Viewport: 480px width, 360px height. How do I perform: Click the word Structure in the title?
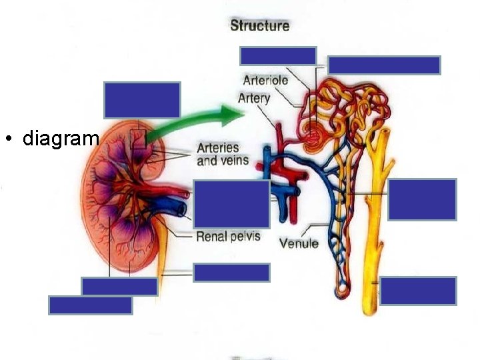[259, 26]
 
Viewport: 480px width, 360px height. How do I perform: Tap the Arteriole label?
[265, 80]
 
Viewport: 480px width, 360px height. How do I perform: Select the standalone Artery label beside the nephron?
[254, 98]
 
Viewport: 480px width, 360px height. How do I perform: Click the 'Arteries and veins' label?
[223, 154]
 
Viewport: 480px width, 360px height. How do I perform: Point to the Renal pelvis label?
[228, 236]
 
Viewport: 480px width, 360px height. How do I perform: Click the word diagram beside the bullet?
[61, 139]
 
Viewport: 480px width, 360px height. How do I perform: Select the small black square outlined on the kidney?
[138, 138]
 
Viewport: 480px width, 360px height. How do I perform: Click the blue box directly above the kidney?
[142, 99]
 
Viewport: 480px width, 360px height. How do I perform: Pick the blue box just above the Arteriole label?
[278, 55]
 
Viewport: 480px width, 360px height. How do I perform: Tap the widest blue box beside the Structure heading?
[384, 65]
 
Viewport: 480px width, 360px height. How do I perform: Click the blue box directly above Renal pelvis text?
[232, 203]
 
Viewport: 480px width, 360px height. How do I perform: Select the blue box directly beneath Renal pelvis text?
[231, 272]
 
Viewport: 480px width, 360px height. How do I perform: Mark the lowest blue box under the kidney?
[91, 305]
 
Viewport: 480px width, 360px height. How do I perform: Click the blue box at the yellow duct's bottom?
[418, 291]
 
